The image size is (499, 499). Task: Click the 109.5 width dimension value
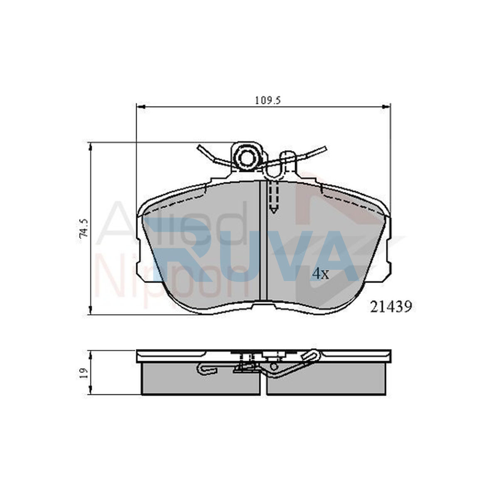tap(268, 101)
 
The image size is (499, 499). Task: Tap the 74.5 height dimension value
tap(84, 228)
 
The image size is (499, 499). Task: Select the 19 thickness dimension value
tap(84, 373)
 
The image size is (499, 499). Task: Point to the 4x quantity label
tap(321, 274)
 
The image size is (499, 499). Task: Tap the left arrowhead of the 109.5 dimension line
tap(141, 106)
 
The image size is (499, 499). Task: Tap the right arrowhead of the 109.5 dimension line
tap(386, 106)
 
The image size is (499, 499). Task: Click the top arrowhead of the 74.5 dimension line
tap(90, 147)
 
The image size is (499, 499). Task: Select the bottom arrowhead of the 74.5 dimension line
tap(90, 310)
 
